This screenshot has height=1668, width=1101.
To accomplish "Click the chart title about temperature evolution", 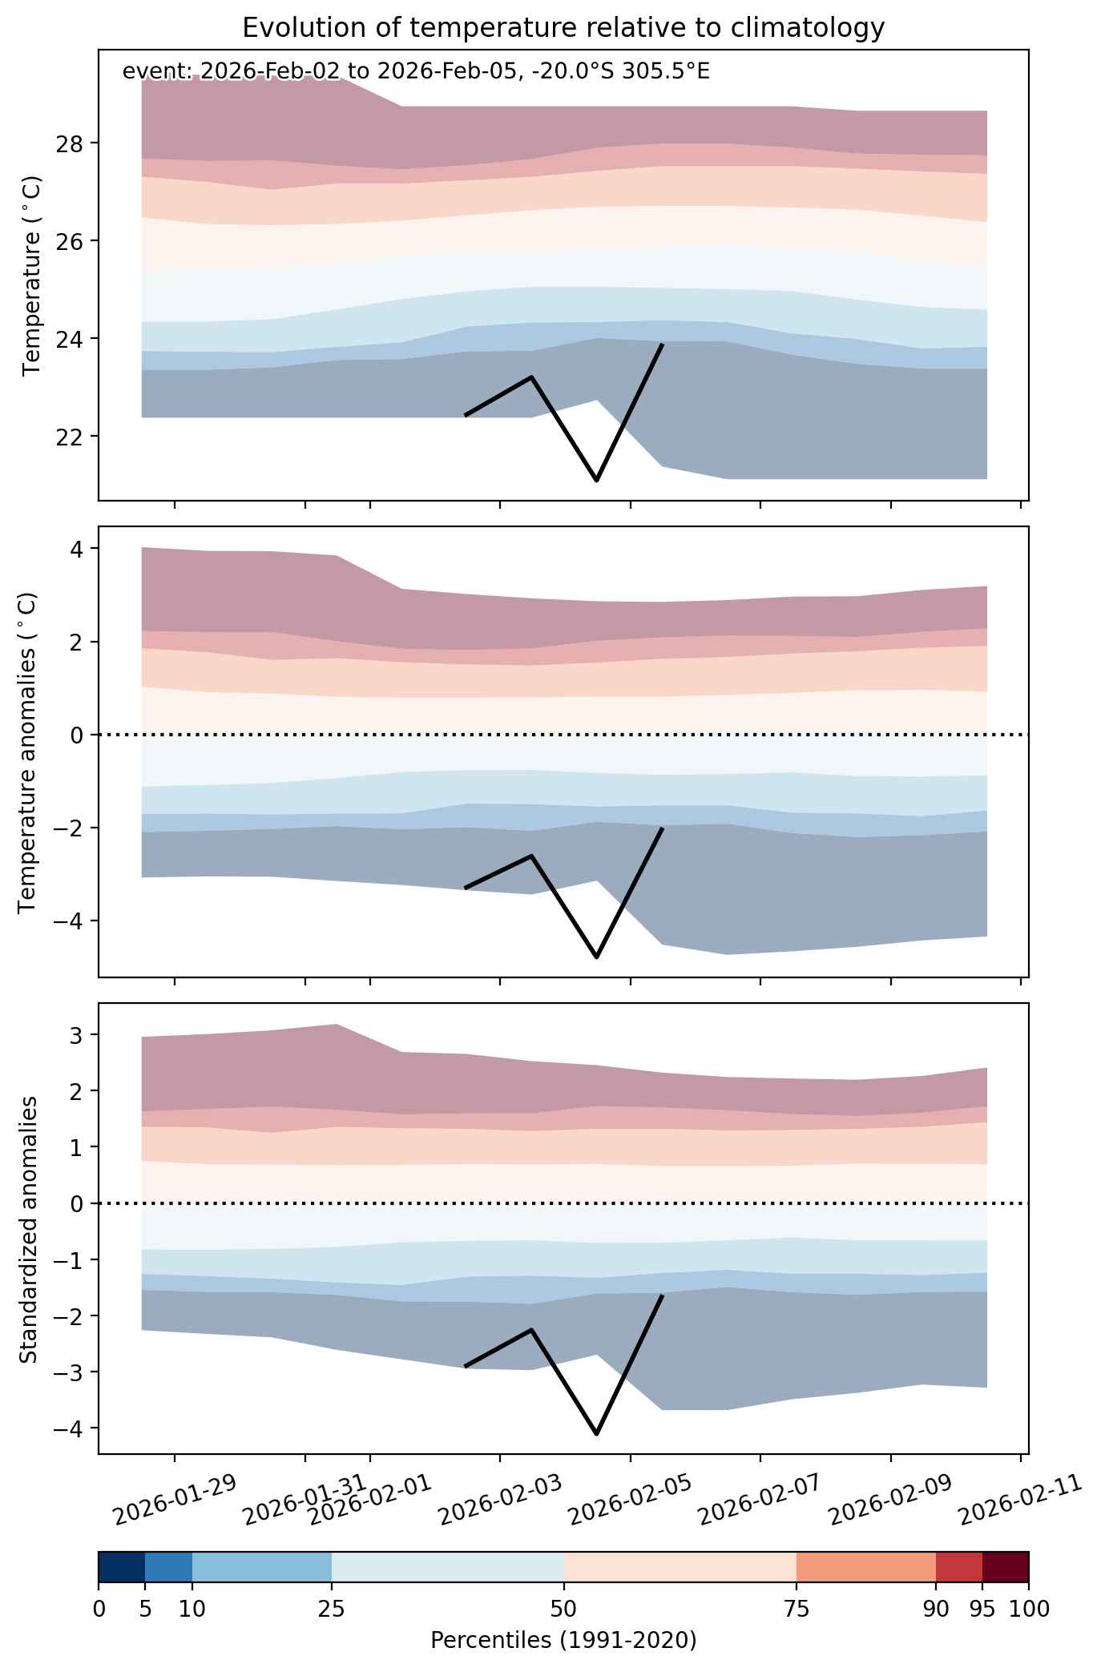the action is coord(563,28).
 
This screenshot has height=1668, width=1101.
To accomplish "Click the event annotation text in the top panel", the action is coord(416,72).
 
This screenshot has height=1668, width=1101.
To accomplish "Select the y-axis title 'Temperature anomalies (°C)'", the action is coord(29,751).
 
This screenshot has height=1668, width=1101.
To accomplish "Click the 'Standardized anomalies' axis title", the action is coord(29,1229).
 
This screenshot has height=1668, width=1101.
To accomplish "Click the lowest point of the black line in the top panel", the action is coord(596,480).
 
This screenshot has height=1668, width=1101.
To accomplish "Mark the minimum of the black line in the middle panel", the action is coord(596,957).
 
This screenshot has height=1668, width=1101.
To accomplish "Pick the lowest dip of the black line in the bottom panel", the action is coord(596,1433).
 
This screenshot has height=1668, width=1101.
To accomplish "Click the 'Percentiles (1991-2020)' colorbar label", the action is coord(563,1641).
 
